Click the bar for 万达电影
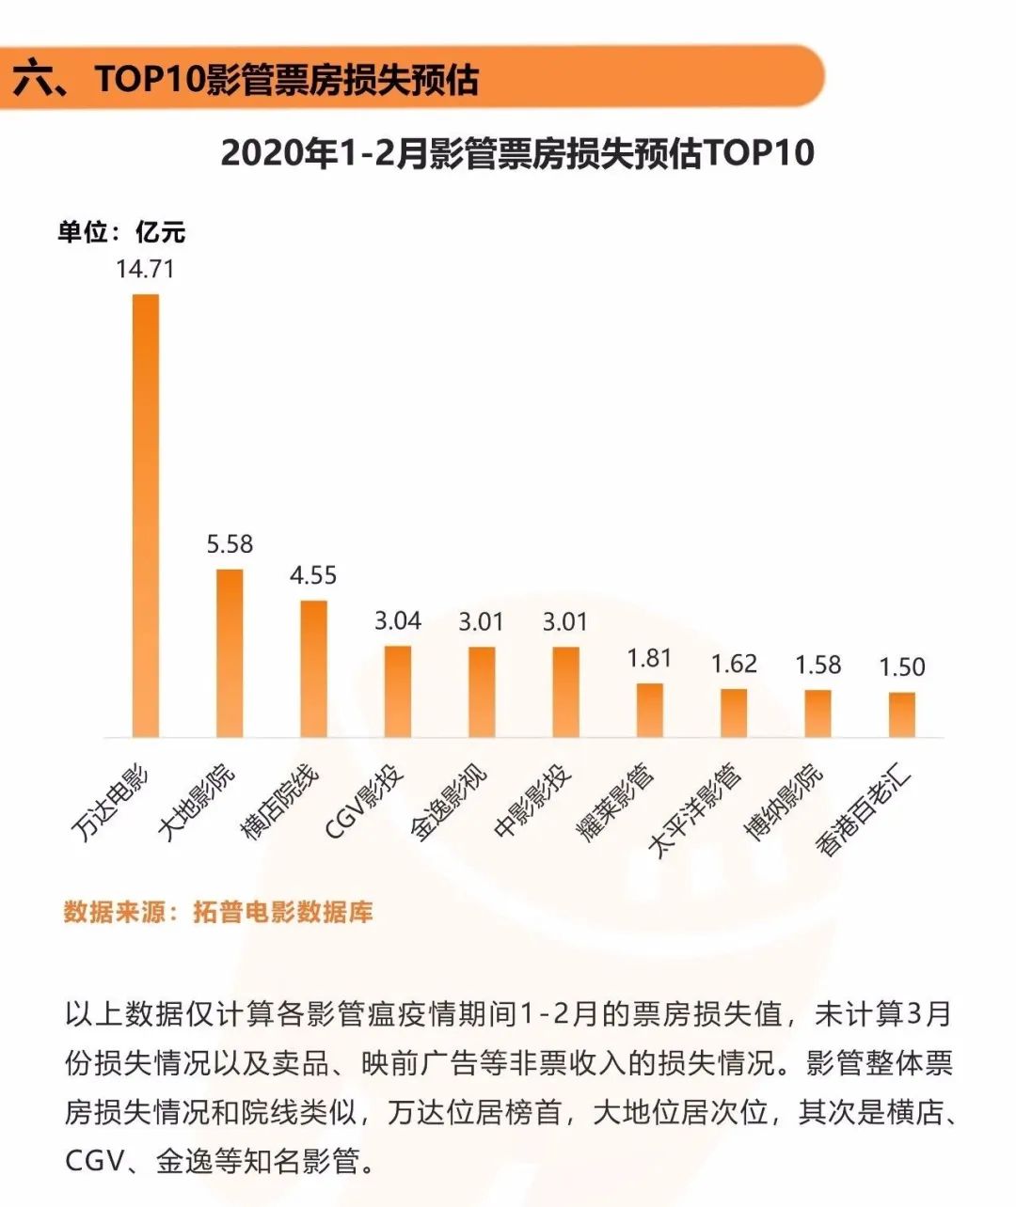click(146, 515)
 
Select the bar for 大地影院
click(230, 652)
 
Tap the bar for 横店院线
click(313, 668)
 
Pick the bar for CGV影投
click(397, 691)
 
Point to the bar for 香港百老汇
click(901, 714)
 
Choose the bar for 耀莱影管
click(649, 710)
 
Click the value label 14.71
click(145, 269)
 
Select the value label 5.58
click(230, 544)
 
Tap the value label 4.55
click(313, 575)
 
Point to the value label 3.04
click(397, 620)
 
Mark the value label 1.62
click(734, 664)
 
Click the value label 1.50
click(901, 666)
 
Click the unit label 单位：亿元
click(121, 232)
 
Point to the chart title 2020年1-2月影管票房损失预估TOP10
click(517, 153)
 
